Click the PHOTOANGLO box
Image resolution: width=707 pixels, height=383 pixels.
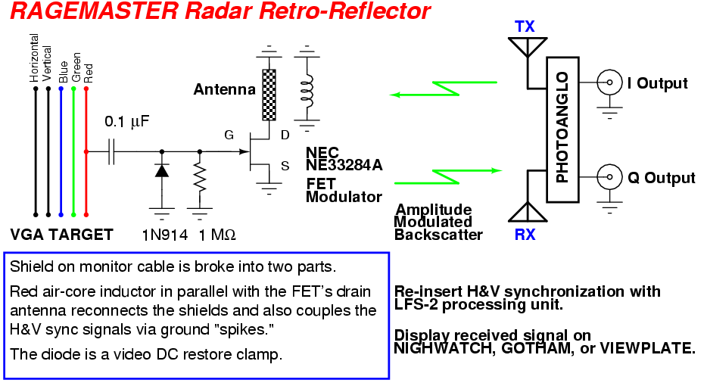(x=562, y=129)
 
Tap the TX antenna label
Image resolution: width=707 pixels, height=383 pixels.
(x=525, y=26)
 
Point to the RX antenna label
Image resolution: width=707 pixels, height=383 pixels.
(x=525, y=235)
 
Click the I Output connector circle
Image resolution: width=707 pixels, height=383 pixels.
(x=607, y=83)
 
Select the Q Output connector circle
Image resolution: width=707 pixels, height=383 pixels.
(x=607, y=178)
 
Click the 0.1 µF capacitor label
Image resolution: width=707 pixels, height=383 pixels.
(x=127, y=121)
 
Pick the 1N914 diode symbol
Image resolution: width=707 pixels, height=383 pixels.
(x=161, y=170)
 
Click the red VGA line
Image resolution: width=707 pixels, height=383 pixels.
(x=86, y=151)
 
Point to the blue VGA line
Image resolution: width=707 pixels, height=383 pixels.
(x=61, y=151)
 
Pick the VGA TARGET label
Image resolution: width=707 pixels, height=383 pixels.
(x=62, y=235)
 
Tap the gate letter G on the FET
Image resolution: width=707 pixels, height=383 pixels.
(x=229, y=135)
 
